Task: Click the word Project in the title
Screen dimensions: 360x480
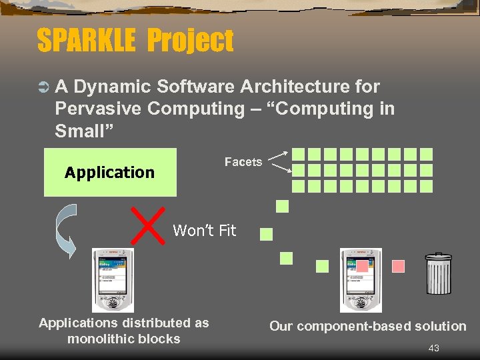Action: [191, 41]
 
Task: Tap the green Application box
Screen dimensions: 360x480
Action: [110, 173]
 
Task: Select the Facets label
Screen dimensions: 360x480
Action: [243, 162]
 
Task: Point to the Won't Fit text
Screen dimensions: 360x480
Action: [205, 231]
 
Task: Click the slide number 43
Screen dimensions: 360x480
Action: [433, 348]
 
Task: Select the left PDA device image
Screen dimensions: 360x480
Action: [113, 280]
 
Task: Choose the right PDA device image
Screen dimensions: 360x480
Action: [361, 280]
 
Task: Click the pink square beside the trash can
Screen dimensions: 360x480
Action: [399, 266]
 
